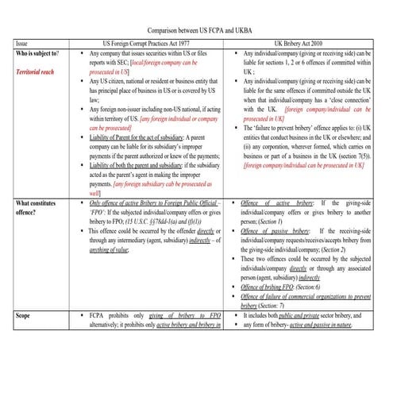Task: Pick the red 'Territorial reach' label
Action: click(40, 71)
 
